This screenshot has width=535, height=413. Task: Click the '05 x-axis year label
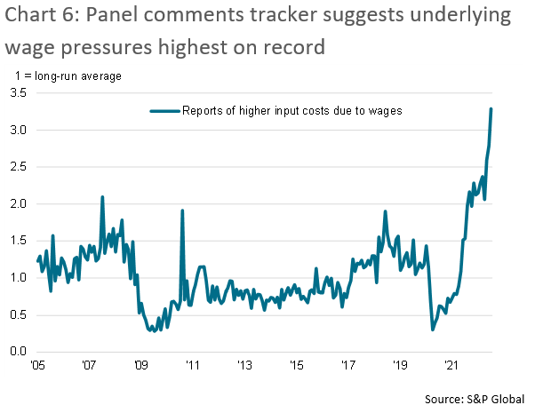click(x=36, y=366)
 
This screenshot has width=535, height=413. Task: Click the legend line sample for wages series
click(x=164, y=111)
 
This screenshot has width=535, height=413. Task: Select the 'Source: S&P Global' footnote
click(x=475, y=399)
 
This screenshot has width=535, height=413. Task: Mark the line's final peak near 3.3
click(x=491, y=109)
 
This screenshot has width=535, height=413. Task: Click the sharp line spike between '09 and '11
click(x=182, y=210)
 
